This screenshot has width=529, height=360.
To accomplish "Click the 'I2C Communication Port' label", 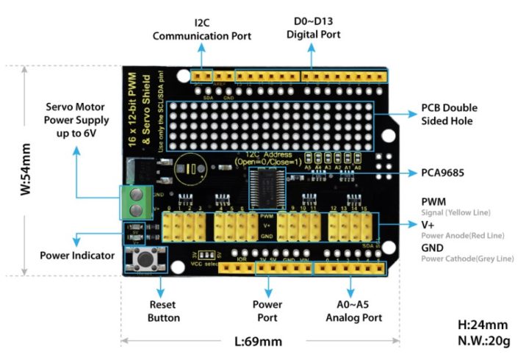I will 201,29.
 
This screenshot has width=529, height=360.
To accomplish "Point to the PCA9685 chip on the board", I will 270,184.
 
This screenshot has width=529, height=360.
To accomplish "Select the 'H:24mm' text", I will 483,324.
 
